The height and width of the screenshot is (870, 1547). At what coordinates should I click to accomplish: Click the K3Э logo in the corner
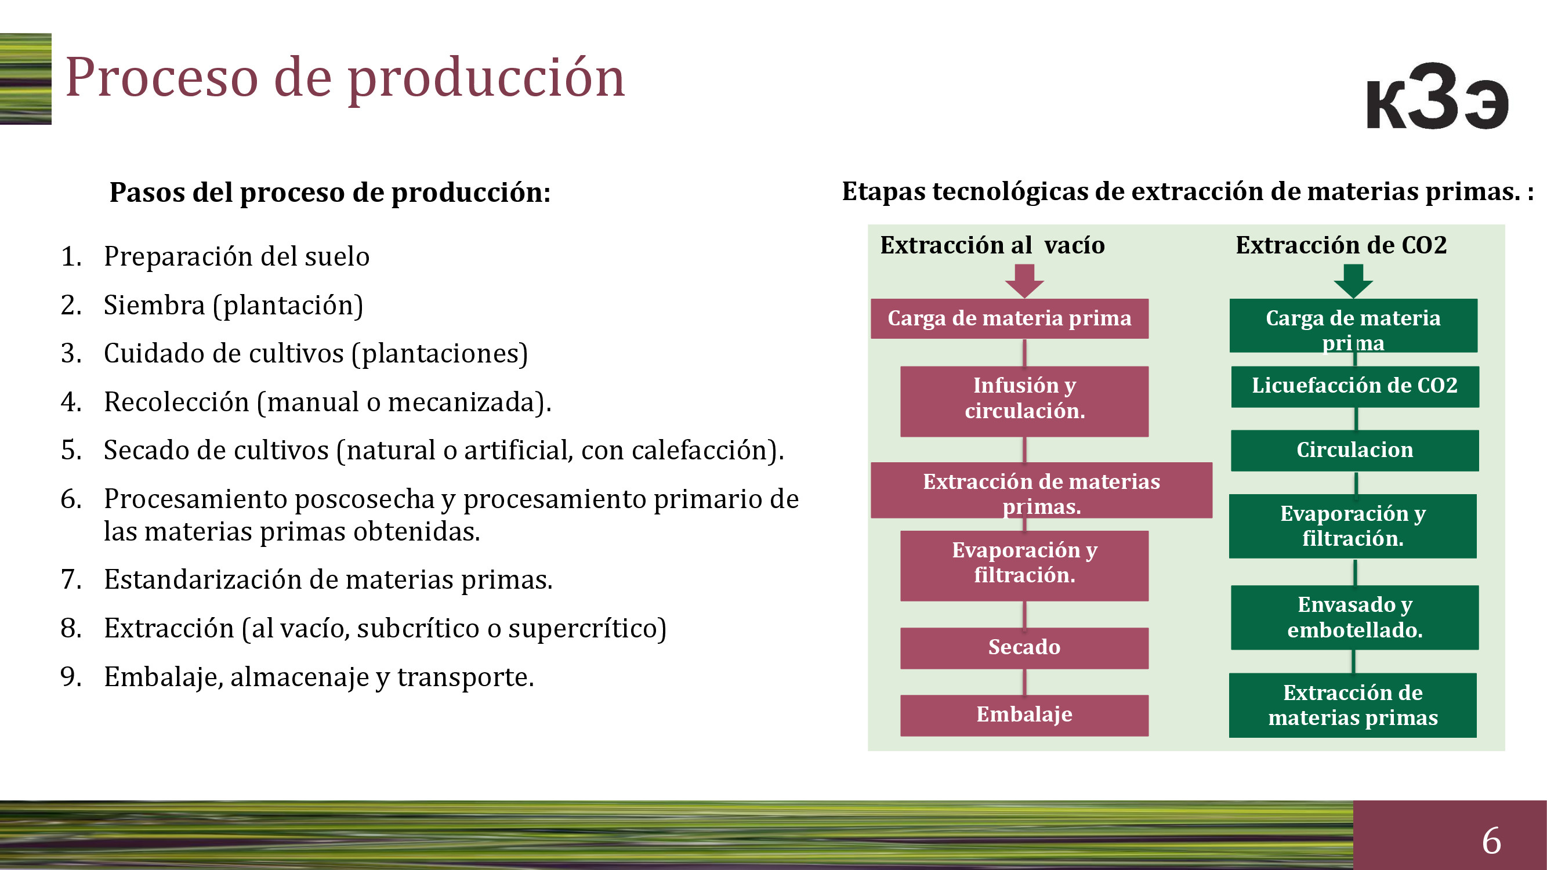[x=1437, y=96]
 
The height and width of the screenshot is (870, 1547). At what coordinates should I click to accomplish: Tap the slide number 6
[x=1492, y=840]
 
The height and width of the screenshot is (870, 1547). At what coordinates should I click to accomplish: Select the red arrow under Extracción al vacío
[x=1024, y=281]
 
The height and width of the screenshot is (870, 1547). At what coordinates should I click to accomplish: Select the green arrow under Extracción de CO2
[x=1353, y=281]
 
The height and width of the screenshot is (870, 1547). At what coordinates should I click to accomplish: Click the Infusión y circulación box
[x=1024, y=401]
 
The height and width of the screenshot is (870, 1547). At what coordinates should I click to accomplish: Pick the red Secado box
[x=1024, y=648]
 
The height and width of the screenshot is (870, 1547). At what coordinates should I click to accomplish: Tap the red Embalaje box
[x=1024, y=715]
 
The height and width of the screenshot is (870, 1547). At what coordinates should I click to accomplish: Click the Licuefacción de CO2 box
[x=1355, y=387]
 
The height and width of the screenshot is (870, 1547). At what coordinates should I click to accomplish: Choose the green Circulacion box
[x=1355, y=450]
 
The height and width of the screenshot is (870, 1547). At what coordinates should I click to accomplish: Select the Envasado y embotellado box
[x=1355, y=617]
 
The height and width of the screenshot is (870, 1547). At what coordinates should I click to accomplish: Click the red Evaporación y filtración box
[x=1024, y=565]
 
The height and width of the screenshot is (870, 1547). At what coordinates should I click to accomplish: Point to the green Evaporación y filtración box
[x=1353, y=526]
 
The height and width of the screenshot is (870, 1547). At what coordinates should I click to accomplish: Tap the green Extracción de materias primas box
[x=1353, y=705]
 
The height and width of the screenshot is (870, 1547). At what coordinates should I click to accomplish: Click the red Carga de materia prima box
[x=1009, y=318]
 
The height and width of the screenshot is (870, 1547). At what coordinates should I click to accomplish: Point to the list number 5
[x=71, y=450]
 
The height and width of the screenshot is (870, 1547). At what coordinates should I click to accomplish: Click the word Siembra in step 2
[x=154, y=305]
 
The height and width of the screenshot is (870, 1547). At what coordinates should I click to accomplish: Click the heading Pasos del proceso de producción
[x=329, y=193]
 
